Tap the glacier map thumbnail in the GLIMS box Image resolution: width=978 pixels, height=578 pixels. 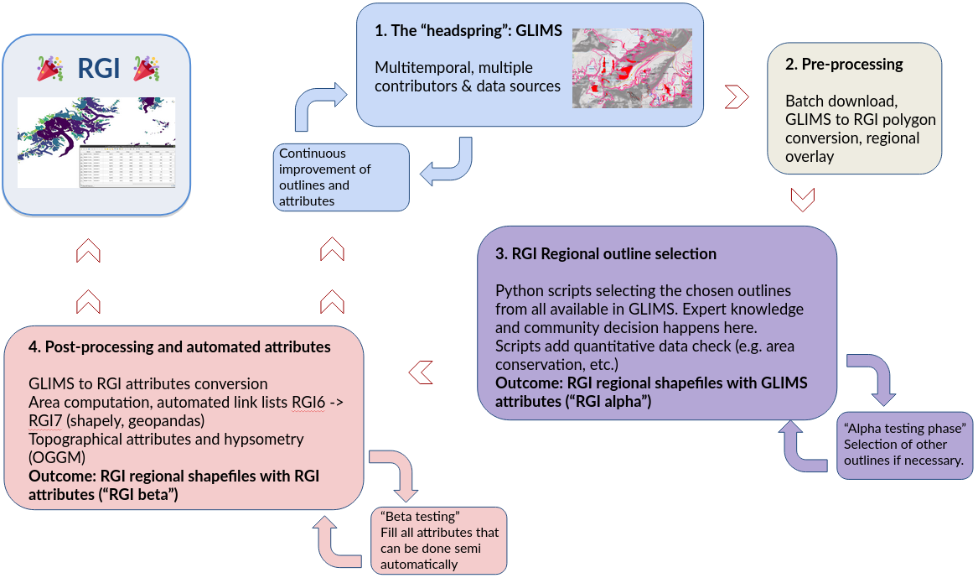[x=632, y=68]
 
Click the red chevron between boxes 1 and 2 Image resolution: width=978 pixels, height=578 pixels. [x=736, y=96]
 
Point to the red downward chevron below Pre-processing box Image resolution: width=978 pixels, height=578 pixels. [x=803, y=200]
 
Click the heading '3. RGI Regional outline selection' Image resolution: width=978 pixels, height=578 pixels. [x=606, y=253]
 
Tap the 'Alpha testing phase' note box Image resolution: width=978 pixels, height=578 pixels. [x=904, y=445]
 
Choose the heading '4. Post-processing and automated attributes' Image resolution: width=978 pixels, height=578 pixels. [x=180, y=346]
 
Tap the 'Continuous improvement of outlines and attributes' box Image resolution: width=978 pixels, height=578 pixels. [x=342, y=177]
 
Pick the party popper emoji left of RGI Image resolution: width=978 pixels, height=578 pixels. [x=51, y=69]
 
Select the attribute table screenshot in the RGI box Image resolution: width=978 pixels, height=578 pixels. [x=127, y=167]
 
